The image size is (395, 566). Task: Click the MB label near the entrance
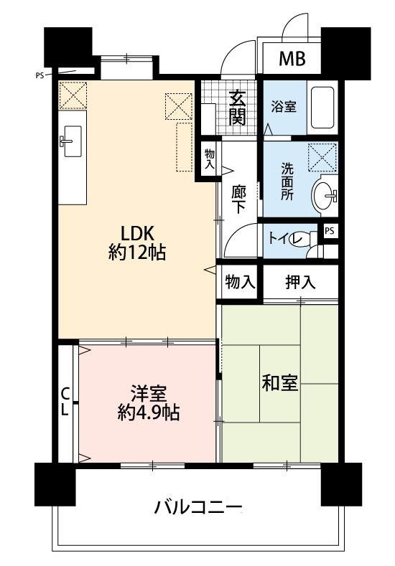coord(292,59)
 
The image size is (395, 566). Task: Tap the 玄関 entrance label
coord(238,108)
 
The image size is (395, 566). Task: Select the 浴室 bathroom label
coord(284,107)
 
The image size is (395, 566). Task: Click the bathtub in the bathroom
coord(322,108)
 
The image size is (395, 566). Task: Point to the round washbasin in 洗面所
coord(322,197)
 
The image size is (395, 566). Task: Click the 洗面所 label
coord(288,182)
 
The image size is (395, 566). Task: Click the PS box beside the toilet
coord(329,231)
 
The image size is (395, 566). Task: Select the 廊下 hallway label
coord(239,199)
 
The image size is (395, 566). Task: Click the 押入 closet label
coord(301,281)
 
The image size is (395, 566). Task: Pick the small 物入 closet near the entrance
coord(210,159)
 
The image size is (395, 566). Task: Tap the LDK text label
coord(137,234)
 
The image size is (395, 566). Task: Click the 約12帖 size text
coord(137,253)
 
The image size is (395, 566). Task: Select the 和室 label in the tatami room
coord(280,382)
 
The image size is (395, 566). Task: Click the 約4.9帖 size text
coord(149,412)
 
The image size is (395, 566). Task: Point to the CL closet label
coord(65,402)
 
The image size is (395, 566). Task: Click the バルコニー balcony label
coord(198,507)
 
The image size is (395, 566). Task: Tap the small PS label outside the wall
coord(39,76)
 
